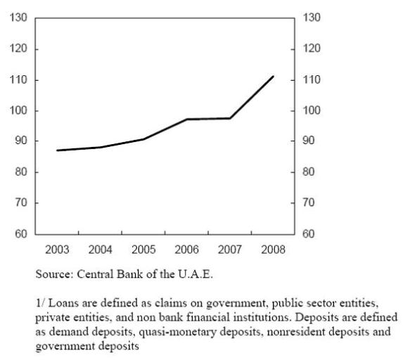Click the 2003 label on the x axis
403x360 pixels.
pyautogui.click(x=57, y=250)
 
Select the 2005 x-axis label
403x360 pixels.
pyautogui.click(x=143, y=250)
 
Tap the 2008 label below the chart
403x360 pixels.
pyautogui.click(x=273, y=250)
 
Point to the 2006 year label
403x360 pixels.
pyautogui.click(x=186, y=250)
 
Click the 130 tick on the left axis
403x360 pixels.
pyautogui.click(x=18, y=18)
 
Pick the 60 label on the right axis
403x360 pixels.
pyautogui.click(x=308, y=234)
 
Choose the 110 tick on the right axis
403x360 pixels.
pyautogui.click(x=312, y=80)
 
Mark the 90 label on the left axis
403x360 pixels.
pyautogui.click(x=21, y=141)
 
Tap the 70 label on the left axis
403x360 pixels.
pyautogui.click(x=21, y=202)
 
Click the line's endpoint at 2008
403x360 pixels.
pyautogui.click(x=273, y=77)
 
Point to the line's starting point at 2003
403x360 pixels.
pyautogui.click(x=57, y=150)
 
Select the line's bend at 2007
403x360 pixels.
pyautogui.click(x=230, y=118)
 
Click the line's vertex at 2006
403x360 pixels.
pyautogui.click(x=187, y=120)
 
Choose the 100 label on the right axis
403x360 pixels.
pyautogui.click(x=312, y=110)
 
